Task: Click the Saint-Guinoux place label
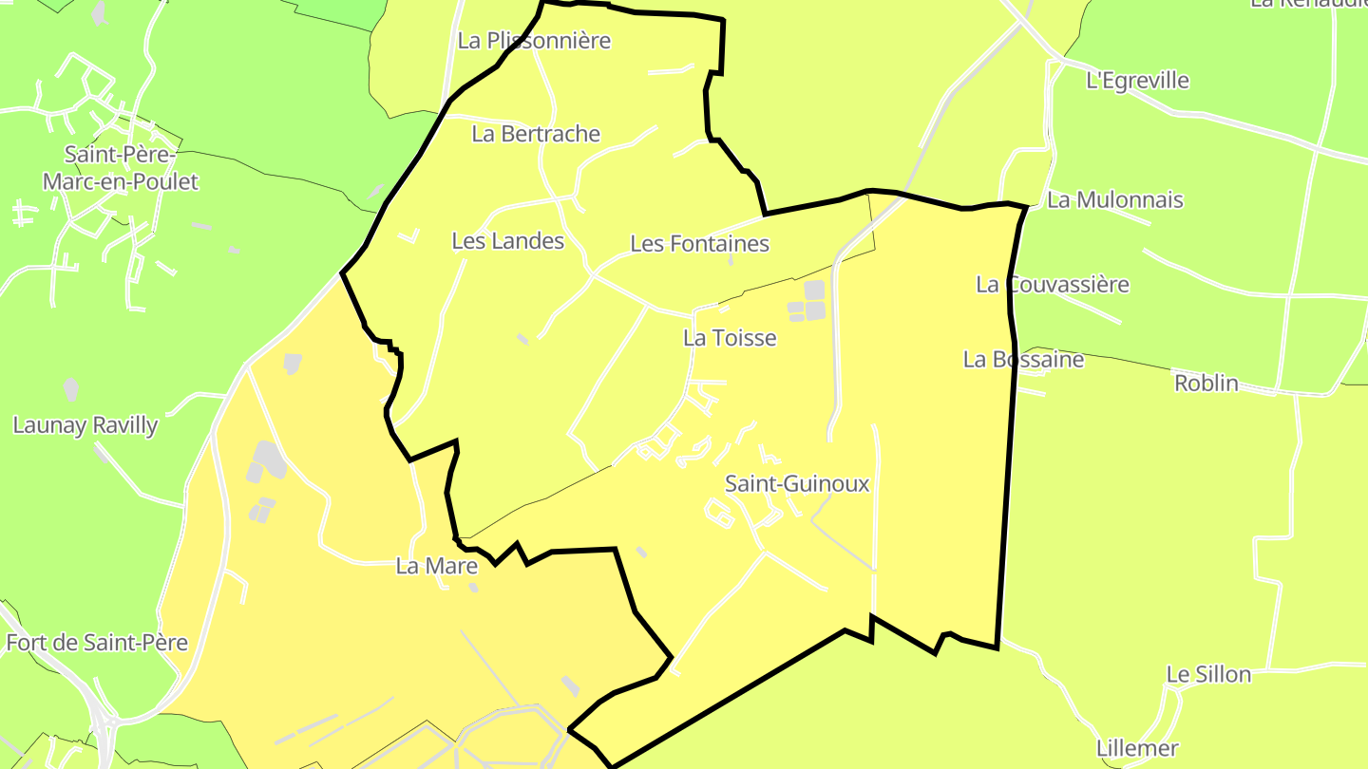pyautogui.click(x=797, y=484)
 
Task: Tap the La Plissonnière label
pyautogui.click(x=534, y=41)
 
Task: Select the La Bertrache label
pyautogui.click(x=536, y=134)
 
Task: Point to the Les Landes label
pyautogui.click(x=508, y=241)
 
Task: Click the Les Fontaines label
pyautogui.click(x=699, y=244)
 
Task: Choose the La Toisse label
pyautogui.click(x=730, y=338)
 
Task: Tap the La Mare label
pyautogui.click(x=436, y=567)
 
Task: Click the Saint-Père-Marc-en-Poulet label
pyautogui.click(x=120, y=167)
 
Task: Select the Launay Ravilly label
pyautogui.click(x=85, y=425)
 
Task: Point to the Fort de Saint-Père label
pyautogui.click(x=97, y=643)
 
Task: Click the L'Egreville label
pyautogui.click(x=1137, y=81)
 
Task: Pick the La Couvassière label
pyautogui.click(x=1053, y=285)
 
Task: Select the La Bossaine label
pyautogui.click(x=1023, y=360)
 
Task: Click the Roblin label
pyautogui.click(x=1206, y=384)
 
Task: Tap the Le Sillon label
pyautogui.click(x=1208, y=675)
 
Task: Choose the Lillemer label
pyautogui.click(x=1137, y=748)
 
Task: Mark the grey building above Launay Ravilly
pyautogui.click(x=71, y=388)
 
